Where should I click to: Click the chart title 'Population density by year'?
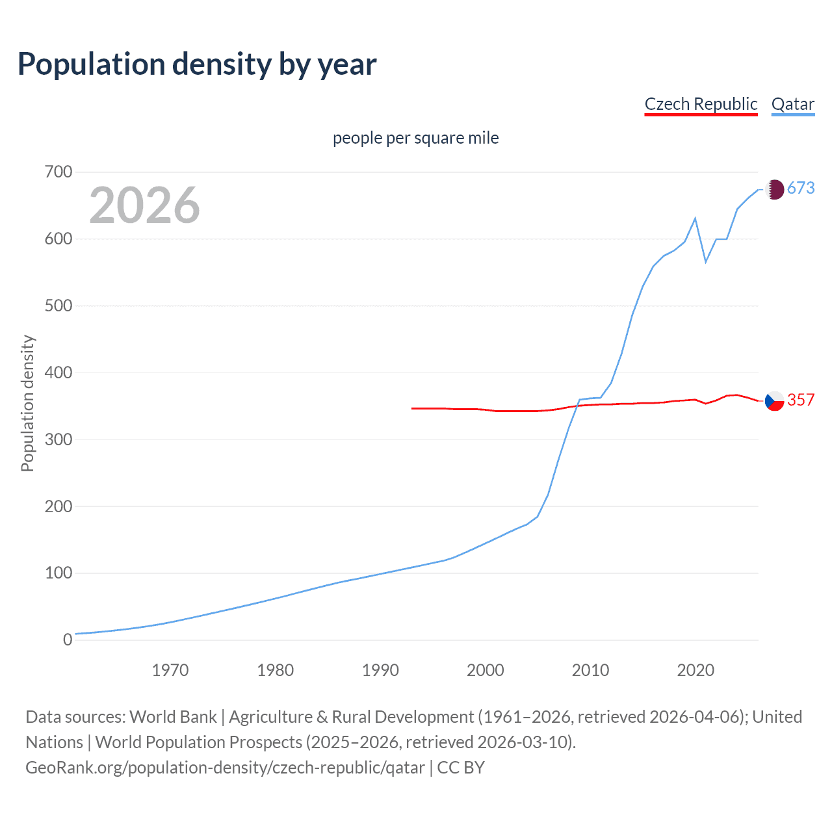[197, 64]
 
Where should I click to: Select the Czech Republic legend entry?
[701, 104]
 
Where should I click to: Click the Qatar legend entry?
[792, 104]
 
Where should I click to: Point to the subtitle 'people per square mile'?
[415, 138]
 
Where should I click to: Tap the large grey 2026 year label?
[144, 205]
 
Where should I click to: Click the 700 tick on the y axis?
[58, 172]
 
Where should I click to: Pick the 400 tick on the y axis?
[58, 372]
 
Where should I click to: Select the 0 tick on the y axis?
[68, 640]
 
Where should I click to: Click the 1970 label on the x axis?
[170, 670]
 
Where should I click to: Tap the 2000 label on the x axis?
[486, 670]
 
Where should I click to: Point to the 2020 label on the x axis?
[695, 670]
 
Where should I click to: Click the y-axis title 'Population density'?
[27, 403]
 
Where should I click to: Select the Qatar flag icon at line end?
[774, 189]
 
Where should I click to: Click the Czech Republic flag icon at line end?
[774, 401]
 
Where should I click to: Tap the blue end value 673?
[801, 188]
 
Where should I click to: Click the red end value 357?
[801, 400]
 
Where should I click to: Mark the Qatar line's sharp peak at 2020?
[695, 218]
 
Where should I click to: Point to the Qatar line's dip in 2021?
[706, 262]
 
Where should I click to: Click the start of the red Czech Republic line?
[413, 408]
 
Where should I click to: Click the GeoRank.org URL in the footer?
[225, 768]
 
